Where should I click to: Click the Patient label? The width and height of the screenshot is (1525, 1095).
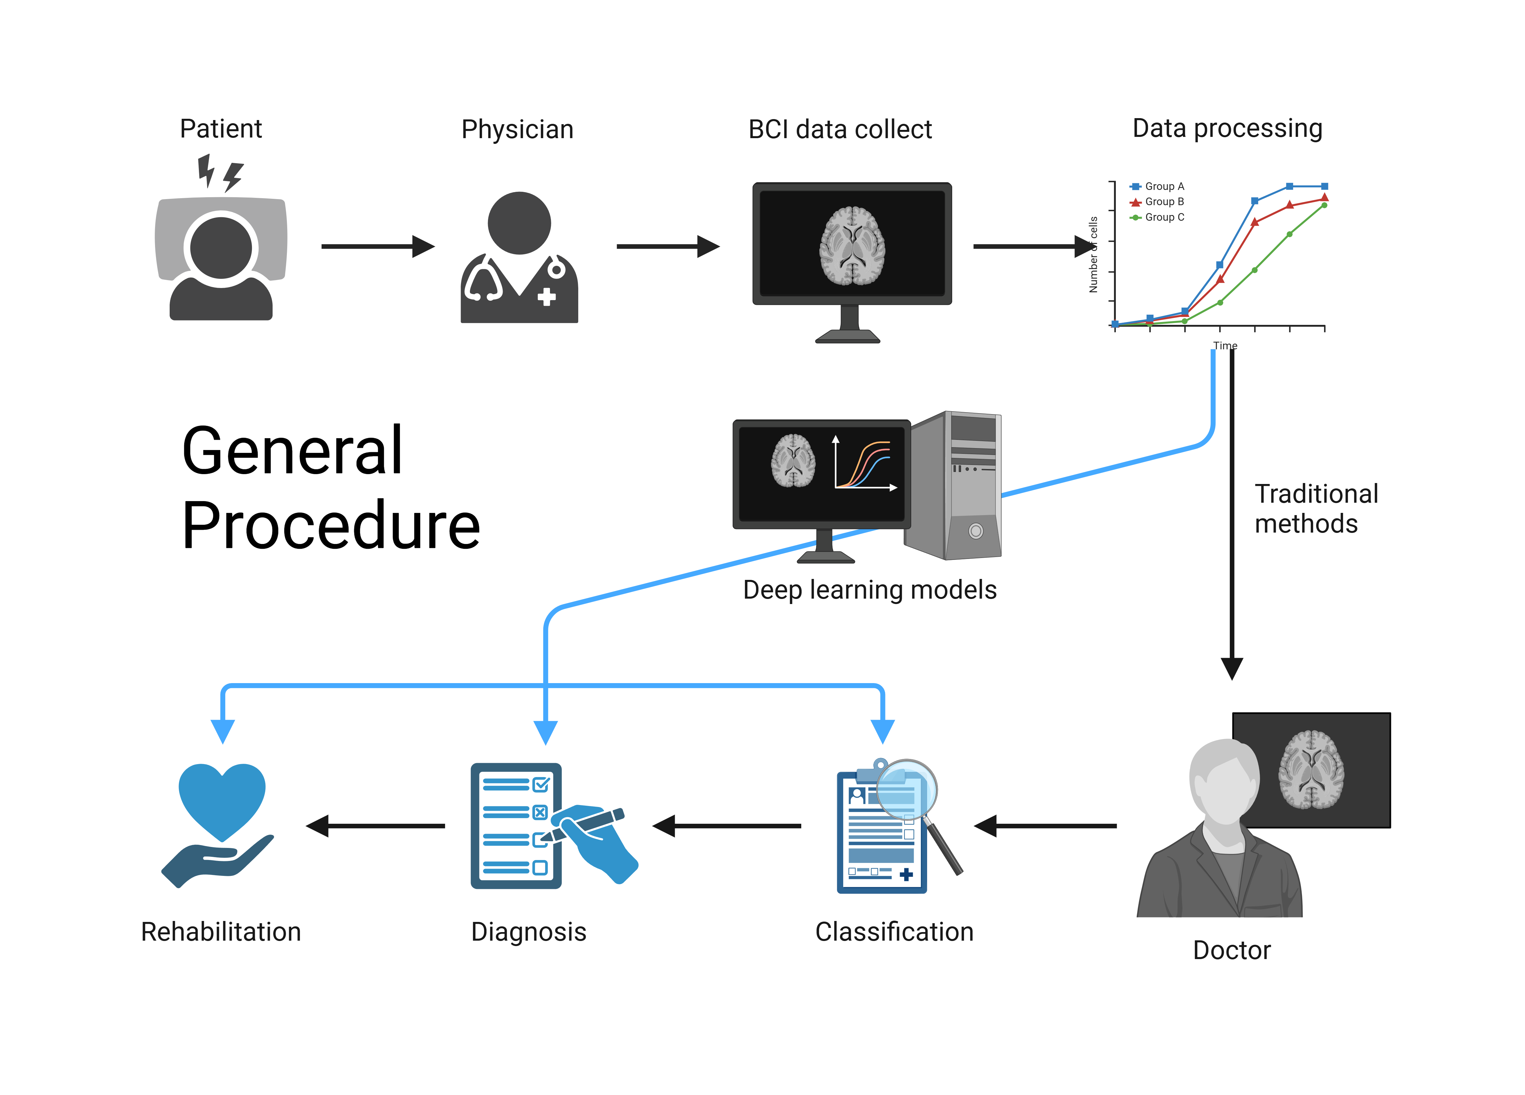click(220, 128)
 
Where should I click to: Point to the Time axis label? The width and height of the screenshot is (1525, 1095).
click(1224, 346)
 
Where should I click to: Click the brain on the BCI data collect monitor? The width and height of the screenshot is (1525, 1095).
click(852, 245)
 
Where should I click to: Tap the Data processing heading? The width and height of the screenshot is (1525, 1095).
click(1227, 128)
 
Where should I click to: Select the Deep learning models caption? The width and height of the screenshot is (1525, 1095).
click(870, 589)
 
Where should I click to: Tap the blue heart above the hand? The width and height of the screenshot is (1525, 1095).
click(222, 800)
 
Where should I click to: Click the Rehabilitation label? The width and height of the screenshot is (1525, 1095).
click(220, 932)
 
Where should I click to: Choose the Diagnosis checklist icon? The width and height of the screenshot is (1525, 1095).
click(516, 825)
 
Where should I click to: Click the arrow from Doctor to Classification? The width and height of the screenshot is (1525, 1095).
click(1046, 825)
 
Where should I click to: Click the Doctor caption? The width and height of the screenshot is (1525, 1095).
click(1231, 950)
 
